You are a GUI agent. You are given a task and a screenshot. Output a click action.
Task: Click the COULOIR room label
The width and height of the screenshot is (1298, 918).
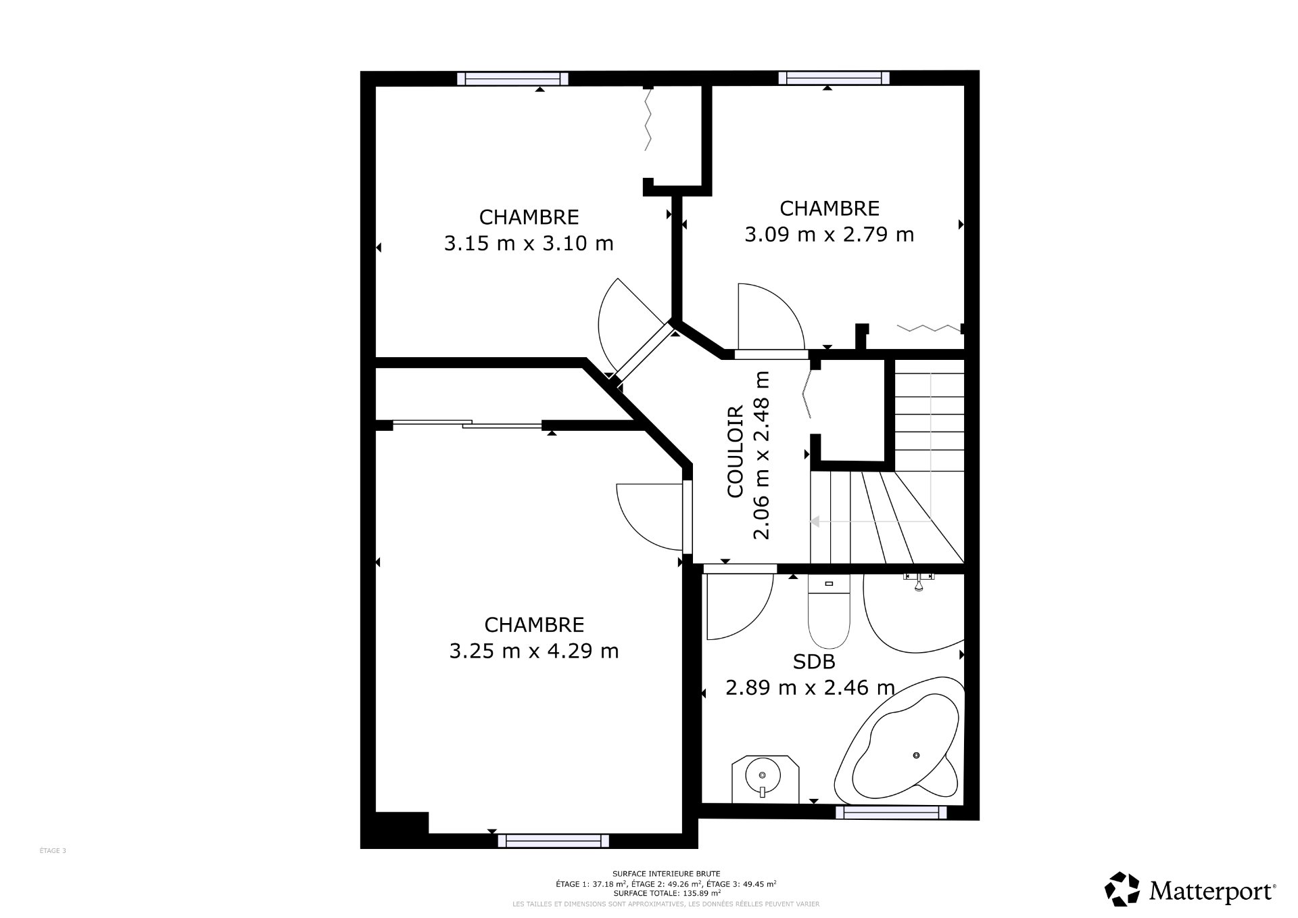click(x=736, y=451)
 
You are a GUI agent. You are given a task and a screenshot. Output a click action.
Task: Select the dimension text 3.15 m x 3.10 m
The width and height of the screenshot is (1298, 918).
click(x=529, y=243)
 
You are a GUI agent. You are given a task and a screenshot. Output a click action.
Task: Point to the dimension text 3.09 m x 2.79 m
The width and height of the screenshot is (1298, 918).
click(x=829, y=234)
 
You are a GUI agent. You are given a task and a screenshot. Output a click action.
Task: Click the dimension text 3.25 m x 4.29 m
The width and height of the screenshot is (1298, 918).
click(x=534, y=651)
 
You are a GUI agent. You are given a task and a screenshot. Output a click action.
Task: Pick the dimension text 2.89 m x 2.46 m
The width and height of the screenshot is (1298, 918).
click(x=810, y=687)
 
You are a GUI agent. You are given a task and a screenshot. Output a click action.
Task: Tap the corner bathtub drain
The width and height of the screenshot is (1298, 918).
click(x=917, y=755)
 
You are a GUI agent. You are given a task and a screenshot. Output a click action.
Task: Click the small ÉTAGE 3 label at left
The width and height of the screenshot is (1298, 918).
click(x=53, y=851)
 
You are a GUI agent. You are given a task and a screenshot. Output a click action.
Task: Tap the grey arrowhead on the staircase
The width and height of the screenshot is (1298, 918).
click(x=815, y=521)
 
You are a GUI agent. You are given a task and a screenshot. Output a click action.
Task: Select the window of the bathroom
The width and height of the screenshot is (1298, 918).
click(x=891, y=812)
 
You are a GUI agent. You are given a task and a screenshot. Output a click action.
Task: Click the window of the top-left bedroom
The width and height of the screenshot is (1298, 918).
click(x=512, y=78)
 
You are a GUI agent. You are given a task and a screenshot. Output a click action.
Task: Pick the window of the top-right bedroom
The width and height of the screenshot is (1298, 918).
click(x=834, y=78)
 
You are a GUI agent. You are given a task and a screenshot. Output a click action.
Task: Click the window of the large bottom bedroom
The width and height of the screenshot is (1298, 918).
click(x=553, y=841)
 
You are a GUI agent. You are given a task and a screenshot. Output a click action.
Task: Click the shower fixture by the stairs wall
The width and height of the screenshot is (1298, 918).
click(x=919, y=580)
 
